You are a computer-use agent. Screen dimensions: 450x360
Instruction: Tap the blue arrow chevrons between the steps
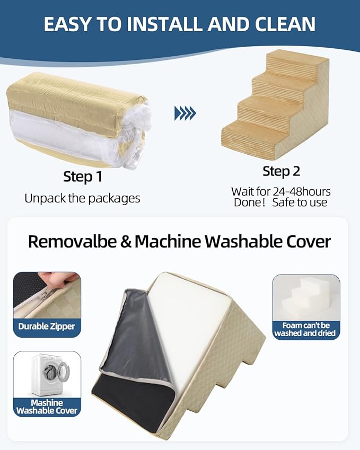tap(185, 112)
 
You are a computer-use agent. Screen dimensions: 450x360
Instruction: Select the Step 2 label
tap(281, 171)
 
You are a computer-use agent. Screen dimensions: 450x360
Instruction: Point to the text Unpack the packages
tap(82, 198)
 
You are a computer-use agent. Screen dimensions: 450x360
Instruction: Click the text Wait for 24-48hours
tap(280, 191)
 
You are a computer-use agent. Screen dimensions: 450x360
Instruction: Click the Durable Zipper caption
tap(47, 327)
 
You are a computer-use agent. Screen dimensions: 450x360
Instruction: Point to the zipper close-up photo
tap(47, 294)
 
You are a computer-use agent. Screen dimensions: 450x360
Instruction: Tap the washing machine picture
tap(47, 374)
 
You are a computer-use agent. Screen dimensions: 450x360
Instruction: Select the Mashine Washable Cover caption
tap(47, 407)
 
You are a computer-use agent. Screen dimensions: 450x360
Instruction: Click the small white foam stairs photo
tap(306, 297)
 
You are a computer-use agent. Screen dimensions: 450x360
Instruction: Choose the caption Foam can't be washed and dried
tap(306, 329)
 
